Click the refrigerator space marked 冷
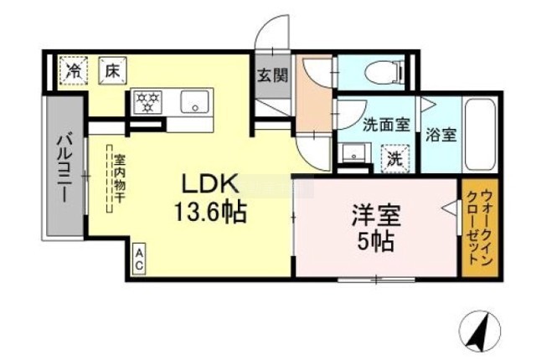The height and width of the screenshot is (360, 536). click(73, 70)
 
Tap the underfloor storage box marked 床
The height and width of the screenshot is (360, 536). click(113, 70)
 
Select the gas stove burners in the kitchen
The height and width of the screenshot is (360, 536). click(147, 102)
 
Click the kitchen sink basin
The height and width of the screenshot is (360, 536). click(194, 102)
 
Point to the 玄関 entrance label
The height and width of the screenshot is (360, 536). click(272, 75)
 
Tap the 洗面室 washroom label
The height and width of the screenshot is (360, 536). click(386, 125)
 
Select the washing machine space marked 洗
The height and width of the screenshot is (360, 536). click(395, 159)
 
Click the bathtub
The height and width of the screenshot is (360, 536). click(480, 136)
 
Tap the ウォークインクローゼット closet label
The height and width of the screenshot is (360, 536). click(479, 228)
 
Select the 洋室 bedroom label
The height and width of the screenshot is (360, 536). click(376, 216)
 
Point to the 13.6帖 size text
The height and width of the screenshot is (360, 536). click(210, 212)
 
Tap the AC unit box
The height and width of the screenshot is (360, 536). click(139, 259)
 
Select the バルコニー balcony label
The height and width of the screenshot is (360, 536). click(64, 168)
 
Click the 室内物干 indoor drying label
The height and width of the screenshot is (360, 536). click(119, 178)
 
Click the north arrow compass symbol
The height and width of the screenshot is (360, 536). click(480, 331)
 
